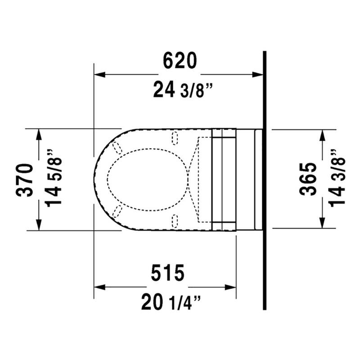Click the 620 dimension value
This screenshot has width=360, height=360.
[179, 60]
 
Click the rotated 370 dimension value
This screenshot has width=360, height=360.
[25, 180]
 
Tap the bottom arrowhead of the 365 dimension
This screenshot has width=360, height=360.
[322, 224]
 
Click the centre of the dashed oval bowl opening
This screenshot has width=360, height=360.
[148, 179]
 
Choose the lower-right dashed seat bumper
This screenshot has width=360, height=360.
[175, 220]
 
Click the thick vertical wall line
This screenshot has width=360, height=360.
[265, 180]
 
